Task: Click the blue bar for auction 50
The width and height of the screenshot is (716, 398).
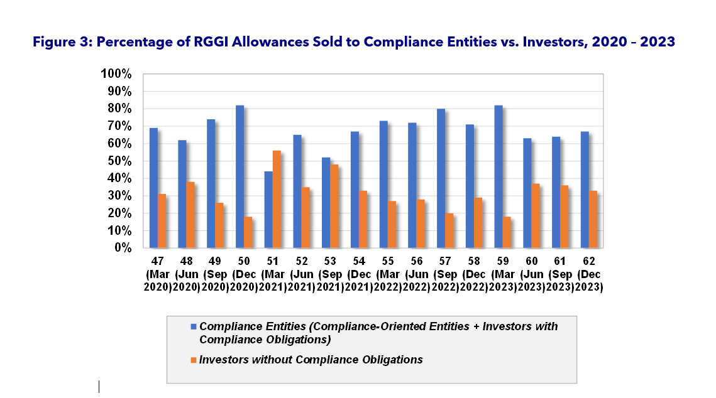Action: pos(240,176)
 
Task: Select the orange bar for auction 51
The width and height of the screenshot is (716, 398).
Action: pos(277,199)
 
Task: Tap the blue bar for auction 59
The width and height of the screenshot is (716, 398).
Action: pos(498,176)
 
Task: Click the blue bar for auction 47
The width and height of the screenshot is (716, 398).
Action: pos(153,188)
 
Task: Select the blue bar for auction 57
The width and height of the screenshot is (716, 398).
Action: pos(441,178)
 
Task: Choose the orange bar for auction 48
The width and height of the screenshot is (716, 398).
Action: pos(190,215)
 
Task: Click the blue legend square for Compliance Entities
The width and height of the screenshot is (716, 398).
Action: pos(194,326)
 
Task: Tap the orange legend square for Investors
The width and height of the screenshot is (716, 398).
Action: pos(194,360)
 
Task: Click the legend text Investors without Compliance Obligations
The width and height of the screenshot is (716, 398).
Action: pos(311,360)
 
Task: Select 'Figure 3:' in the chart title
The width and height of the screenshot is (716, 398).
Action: pos(67,42)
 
